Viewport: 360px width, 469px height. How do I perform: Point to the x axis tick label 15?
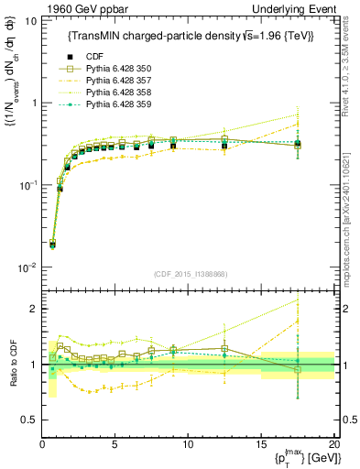coord(260,446)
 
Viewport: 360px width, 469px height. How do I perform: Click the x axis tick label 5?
coord(115,446)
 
